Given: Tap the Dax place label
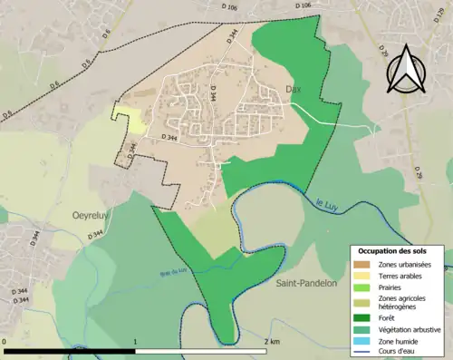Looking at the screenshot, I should (x=293, y=90).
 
